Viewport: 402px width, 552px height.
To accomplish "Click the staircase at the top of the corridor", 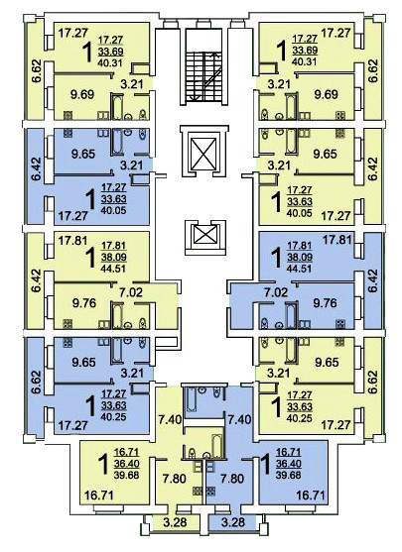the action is pos(204,76).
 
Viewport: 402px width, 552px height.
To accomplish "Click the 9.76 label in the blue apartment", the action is pos(326,302).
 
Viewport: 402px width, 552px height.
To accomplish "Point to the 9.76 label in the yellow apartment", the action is pos(84,302).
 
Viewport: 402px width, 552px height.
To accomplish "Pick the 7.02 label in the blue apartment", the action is pos(276,291).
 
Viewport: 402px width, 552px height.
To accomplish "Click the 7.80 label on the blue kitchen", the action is pos(231,479).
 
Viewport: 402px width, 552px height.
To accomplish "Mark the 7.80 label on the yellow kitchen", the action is pos(175,479).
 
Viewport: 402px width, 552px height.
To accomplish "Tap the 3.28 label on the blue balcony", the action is pos(233,521).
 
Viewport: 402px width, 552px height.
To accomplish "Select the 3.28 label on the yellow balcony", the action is pos(176,521).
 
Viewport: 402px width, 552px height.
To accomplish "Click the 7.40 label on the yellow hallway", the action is pos(170,419).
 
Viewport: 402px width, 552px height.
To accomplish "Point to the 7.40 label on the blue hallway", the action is pos(239,419).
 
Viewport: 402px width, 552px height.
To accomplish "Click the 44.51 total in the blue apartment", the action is pos(300,269).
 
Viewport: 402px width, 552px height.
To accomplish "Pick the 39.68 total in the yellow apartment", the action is pos(126,475).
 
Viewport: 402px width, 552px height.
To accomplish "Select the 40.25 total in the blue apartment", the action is pos(113,417).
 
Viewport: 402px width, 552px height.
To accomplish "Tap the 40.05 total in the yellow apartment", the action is pos(300,213).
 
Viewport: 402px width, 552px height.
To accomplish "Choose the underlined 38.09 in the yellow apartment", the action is pos(113,258).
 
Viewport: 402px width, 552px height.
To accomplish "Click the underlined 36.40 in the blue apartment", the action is pos(289,464).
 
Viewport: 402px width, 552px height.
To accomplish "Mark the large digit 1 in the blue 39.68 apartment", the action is pos(266,465).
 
